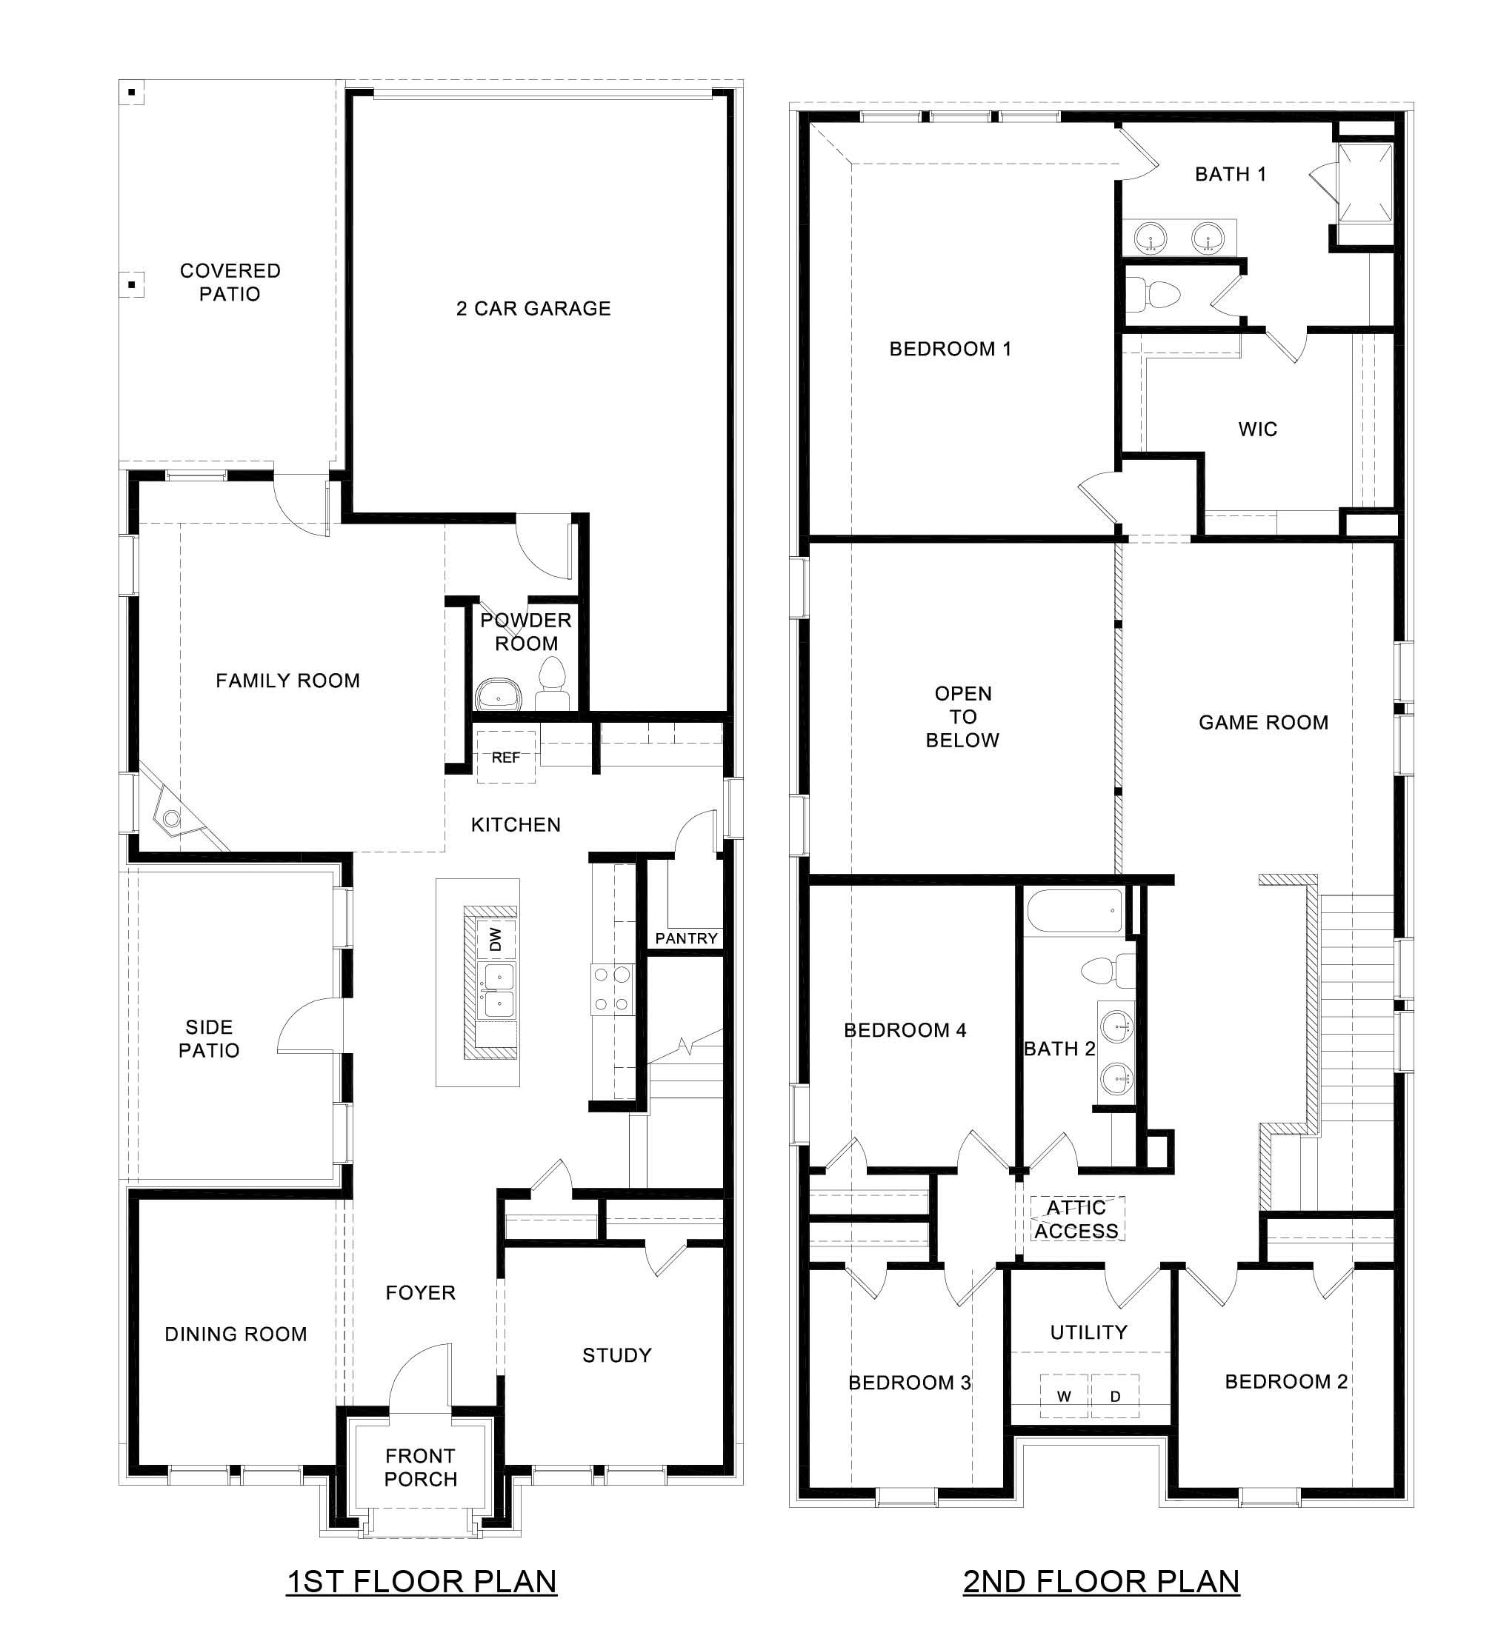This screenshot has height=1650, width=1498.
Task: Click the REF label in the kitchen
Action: click(505, 758)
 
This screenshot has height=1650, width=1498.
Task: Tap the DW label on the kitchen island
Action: click(495, 939)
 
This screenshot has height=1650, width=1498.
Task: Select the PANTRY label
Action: click(686, 938)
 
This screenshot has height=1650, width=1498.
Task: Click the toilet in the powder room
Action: click(553, 683)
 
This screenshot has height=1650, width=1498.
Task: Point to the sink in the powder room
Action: click(498, 695)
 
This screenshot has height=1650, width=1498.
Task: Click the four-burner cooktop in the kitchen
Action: click(612, 989)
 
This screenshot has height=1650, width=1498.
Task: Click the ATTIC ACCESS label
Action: click(1076, 1220)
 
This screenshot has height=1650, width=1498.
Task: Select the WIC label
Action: click(1257, 430)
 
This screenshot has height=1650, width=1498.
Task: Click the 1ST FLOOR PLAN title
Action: click(422, 1581)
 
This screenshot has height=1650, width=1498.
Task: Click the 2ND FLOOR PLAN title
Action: click(1101, 1581)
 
